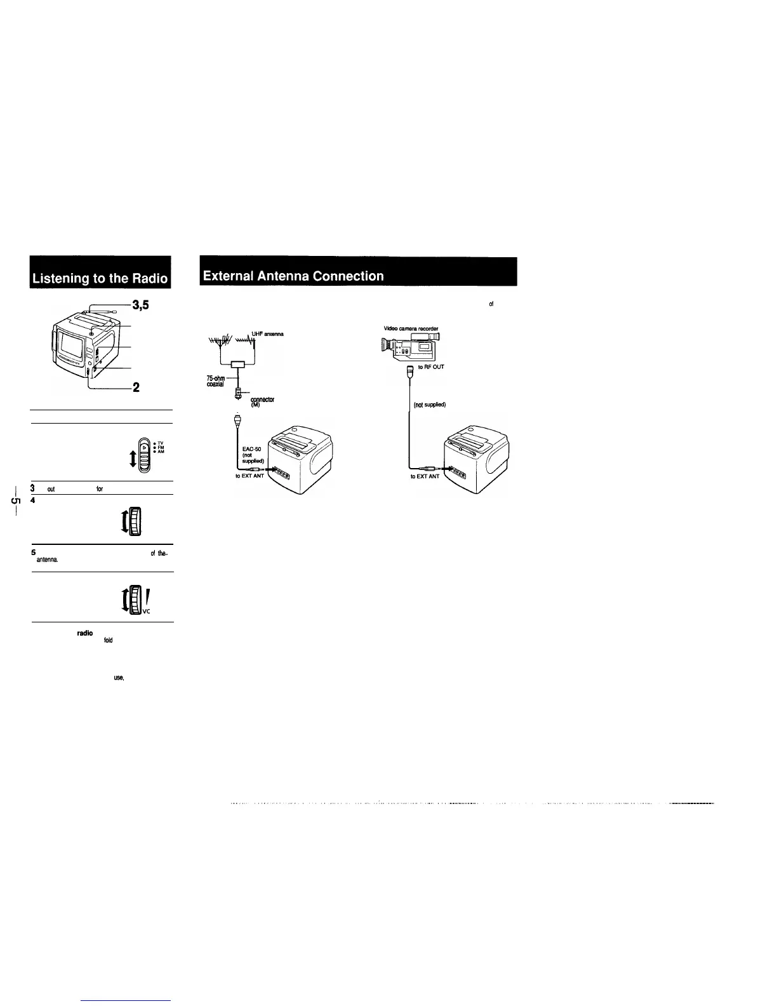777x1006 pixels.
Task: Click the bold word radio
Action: [x=86, y=634]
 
